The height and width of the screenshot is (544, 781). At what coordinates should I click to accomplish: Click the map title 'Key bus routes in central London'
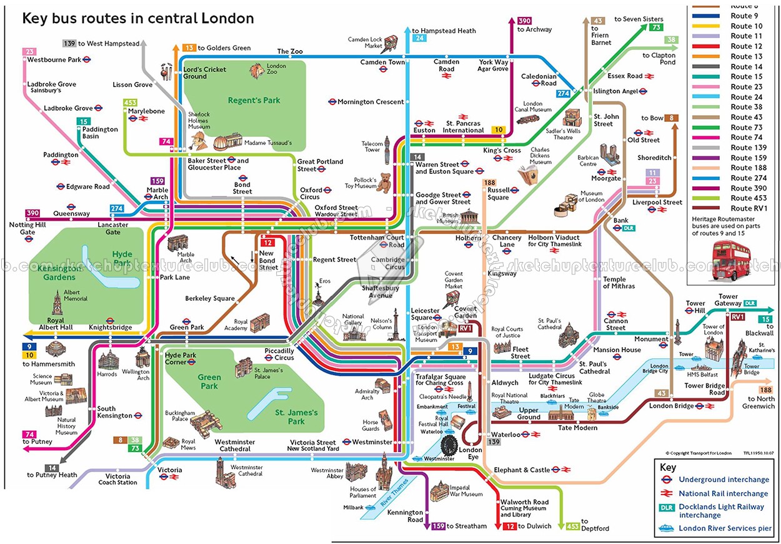point(138,18)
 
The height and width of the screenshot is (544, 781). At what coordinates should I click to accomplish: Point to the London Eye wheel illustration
point(449,445)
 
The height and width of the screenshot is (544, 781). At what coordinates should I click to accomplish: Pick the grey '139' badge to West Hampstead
point(69,43)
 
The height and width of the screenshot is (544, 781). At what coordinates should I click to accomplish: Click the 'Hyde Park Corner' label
point(181,359)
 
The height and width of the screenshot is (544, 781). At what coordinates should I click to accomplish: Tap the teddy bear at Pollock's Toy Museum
point(383,182)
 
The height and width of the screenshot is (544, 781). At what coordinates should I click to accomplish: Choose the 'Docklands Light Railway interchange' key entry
point(721,511)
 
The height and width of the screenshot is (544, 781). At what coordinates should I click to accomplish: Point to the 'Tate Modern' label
point(577,428)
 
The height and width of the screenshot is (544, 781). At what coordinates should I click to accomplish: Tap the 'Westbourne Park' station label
point(54,60)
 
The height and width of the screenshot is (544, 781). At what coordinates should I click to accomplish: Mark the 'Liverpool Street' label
point(657,202)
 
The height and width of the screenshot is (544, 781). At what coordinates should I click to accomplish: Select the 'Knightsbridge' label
point(110,327)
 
